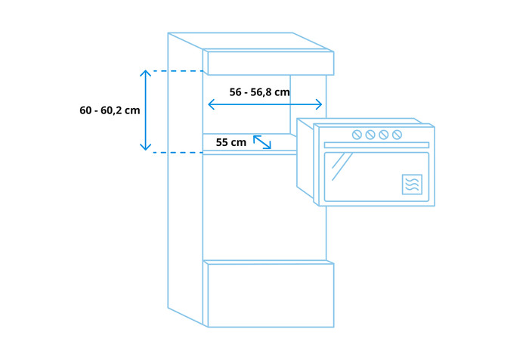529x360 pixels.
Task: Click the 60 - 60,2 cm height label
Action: (x=110, y=110)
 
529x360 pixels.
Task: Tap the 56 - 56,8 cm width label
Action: (x=259, y=92)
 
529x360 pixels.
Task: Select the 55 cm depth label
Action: (x=231, y=142)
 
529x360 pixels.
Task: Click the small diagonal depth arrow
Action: (x=262, y=142)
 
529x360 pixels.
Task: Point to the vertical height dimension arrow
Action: (x=145, y=110)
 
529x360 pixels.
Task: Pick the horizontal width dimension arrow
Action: (x=265, y=104)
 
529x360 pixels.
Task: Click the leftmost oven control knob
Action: (x=357, y=135)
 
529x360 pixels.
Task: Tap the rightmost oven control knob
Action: (x=397, y=135)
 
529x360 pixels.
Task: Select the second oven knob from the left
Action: (x=370, y=135)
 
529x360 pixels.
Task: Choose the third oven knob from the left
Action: (x=384, y=135)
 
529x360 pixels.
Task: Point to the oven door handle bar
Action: (x=376, y=145)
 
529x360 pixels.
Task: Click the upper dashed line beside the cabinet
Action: (x=178, y=71)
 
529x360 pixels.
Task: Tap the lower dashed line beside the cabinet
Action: (x=178, y=153)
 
